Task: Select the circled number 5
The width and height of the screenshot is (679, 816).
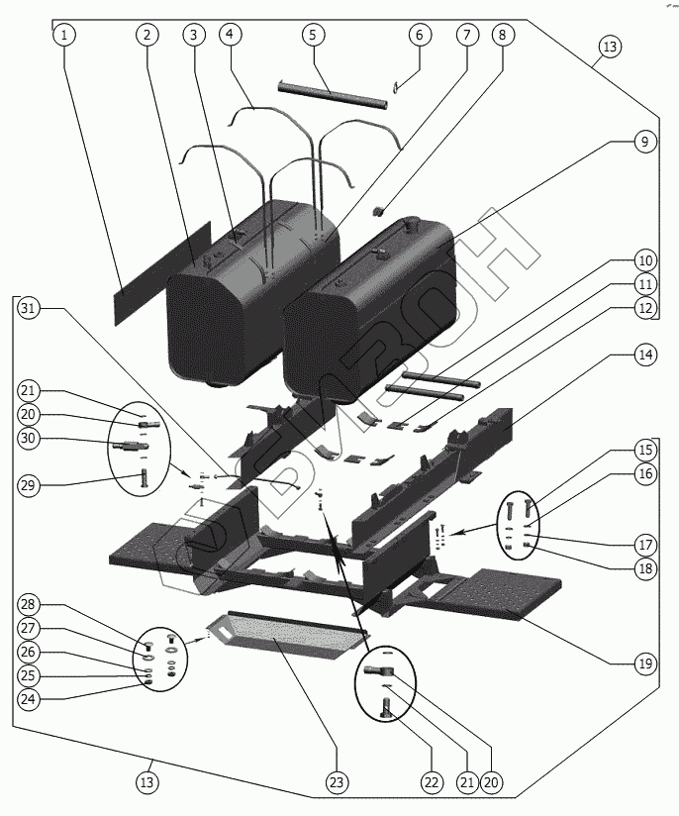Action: [x=312, y=35]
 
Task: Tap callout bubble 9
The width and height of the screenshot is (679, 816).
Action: [x=643, y=142]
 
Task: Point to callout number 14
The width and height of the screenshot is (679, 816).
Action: [x=644, y=354]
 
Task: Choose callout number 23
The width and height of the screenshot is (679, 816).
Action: [x=337, y=782]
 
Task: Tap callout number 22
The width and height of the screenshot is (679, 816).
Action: [x=431, y=782]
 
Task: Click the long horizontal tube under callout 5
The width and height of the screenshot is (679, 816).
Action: [x=336, y=93]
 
